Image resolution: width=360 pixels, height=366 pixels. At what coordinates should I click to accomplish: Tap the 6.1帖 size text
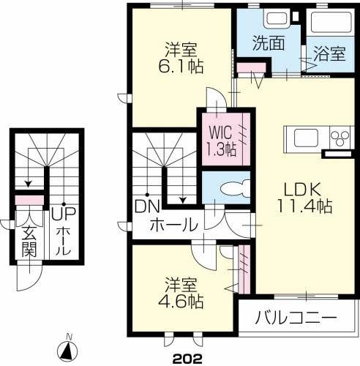(183, 65)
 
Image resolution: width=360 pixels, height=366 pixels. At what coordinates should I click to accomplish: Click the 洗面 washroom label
(270, 42)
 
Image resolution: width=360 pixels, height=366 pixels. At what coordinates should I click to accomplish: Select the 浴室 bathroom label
(330, 53)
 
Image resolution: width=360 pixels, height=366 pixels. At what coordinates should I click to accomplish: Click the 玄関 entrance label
(29, 242)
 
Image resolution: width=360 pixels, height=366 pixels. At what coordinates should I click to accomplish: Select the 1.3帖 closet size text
(221, 149)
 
